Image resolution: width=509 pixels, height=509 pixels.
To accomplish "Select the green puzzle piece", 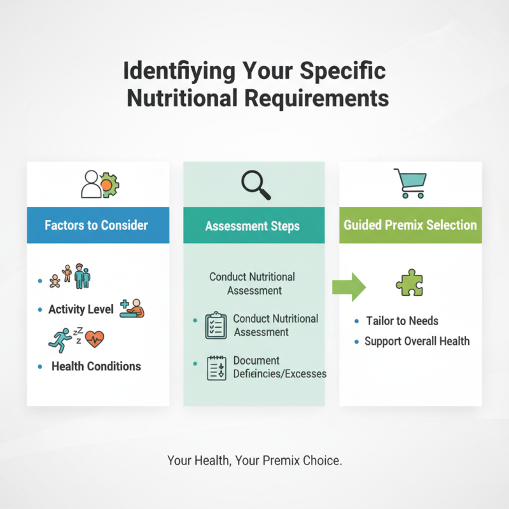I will pyautogui.click(x=409, y=282).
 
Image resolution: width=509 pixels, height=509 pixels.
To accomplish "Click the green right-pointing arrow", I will pyautogui.click(x=349, y=287).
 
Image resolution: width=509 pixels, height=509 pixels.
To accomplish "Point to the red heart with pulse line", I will pyautogui.click(x=94, y=338).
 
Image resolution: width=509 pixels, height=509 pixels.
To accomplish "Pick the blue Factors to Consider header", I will pyautogui.click(x=97, y=225).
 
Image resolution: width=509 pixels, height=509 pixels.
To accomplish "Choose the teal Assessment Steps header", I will pyautogui.click(x=253, y=226).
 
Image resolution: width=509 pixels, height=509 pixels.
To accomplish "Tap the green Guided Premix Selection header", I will pyautogui.click(x=410, y=225).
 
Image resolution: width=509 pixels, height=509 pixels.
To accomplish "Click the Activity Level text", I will pyautogui.click(x=81, y=310).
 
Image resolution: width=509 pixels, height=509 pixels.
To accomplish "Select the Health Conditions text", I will pyautogui.click(x=96, y=366).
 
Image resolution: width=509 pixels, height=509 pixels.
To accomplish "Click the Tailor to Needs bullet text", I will pyautogui.click(x=402, y=321).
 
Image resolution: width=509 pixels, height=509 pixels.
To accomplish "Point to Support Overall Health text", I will pyautogui.click(x=417, y=341).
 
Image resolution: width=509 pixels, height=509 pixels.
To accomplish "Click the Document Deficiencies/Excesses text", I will pyautogui.click(x=279, y=367).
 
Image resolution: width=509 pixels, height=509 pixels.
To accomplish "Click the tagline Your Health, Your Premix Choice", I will pyautogui.click(x=254, y=461).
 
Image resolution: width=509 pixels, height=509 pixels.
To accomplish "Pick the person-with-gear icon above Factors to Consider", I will pyautogui.click(x=100, y=184).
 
